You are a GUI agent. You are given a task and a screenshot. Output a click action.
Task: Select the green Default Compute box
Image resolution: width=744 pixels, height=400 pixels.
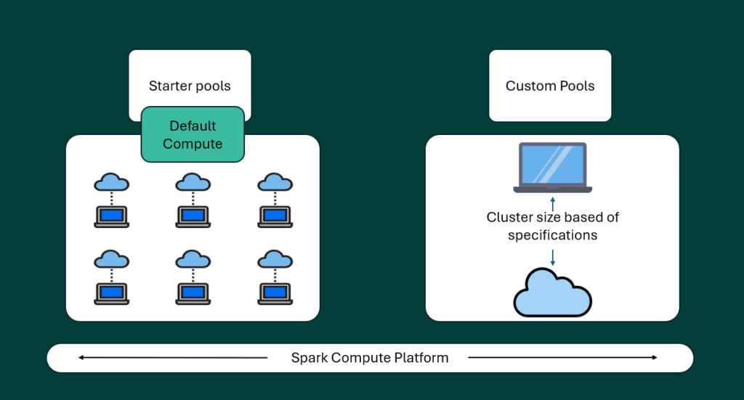[x=193, y=135]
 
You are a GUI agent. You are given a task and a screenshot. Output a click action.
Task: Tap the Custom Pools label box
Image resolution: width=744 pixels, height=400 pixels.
[x=550, y=86]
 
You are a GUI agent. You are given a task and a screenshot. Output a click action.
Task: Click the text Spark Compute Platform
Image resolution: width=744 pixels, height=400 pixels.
[x=369, y=358]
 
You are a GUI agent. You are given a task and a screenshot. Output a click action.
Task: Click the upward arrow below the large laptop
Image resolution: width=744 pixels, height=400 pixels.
[x=553, y=203]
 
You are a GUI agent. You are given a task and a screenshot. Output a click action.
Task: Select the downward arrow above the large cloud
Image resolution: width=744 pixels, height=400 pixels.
[x=553, y=257]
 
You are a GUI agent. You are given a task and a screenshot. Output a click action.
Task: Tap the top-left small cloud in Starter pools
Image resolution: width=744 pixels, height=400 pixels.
[x=111, y=181]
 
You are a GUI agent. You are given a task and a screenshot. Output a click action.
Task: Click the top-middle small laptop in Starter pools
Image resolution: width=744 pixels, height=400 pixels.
[x=193, y=216]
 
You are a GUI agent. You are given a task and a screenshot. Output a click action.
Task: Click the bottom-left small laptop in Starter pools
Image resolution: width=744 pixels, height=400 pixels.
[x=111, y=293]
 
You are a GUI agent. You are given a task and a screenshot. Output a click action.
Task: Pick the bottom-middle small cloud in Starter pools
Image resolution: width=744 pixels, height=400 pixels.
[x=193, y=258]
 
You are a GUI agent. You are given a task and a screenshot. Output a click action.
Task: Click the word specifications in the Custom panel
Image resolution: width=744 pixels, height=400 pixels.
[x=552, y=235]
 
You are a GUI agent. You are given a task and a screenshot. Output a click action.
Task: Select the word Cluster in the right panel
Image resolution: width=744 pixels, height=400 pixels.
[x=509, y=217]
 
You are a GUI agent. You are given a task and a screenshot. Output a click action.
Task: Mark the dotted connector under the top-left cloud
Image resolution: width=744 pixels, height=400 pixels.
[x=111, y=198]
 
